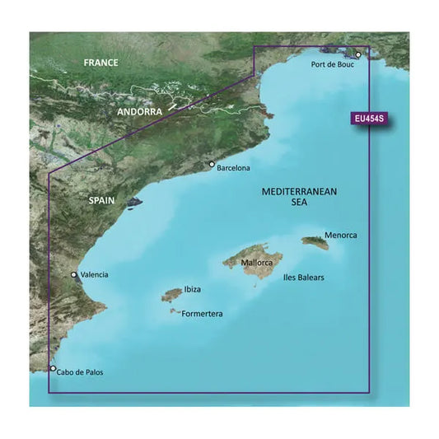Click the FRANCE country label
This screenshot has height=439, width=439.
pos(100,63)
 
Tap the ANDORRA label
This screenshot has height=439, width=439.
pos(140,112)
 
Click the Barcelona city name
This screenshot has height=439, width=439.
pos(234,168)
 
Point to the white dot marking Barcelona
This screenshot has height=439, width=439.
pos(212,165)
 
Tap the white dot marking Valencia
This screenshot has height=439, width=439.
pos(73,275)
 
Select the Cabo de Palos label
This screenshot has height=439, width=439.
pos(82,372)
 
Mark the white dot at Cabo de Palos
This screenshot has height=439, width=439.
pos(54,370)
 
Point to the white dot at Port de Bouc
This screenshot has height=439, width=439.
pos(358,55)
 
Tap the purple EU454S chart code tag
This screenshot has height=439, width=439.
pos(367,119)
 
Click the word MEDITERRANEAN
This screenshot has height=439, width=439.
pos(299,191)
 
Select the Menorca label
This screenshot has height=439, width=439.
pos(342,235)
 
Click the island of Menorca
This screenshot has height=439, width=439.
pos(315,242)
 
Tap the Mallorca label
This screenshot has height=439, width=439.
pos(259,264)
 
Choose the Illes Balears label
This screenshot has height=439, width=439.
pos(303,278)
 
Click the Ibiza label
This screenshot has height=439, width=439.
pos(192,290)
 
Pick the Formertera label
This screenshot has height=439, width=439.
pos(200,314)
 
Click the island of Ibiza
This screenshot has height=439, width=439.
pos(171,294)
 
